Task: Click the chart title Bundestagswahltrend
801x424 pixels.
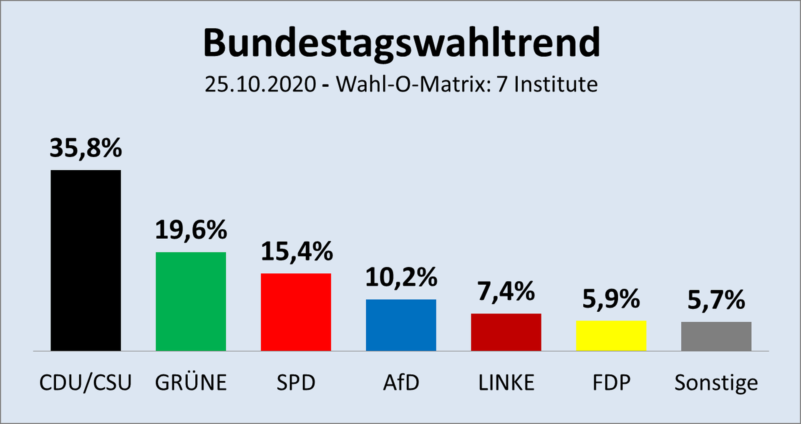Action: (x=401, y=43)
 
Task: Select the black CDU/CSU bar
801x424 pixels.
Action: (x=86, y=260)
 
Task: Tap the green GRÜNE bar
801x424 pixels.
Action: (x=191, y=301)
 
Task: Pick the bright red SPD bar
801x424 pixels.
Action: (x=296, y=312)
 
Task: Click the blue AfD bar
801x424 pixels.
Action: (x=401, y=325)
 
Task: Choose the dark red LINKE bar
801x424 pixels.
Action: (x=506, y=332)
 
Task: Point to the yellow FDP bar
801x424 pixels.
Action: (x=611, y=336)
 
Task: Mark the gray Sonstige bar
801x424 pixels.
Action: (x=716, y=336)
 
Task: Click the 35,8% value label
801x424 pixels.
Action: (x=86, y=148)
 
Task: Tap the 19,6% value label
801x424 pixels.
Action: (x=191, y=230)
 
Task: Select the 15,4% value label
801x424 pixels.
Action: (x=297, y=251)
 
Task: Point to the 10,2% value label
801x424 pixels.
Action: (x=401, y=277)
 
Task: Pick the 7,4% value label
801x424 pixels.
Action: (x=506, y=291)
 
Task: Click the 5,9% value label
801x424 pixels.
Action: (x=611, y=299)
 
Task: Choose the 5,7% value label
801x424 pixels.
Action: (x=716, y=300)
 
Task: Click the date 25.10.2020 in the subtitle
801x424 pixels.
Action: (x=260, y=84)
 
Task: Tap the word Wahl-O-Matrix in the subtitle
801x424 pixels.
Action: (x=411, y=84)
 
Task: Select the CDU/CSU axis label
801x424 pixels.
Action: (x=86, y=382)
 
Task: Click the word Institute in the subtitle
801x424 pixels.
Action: (x=556, y=84)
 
